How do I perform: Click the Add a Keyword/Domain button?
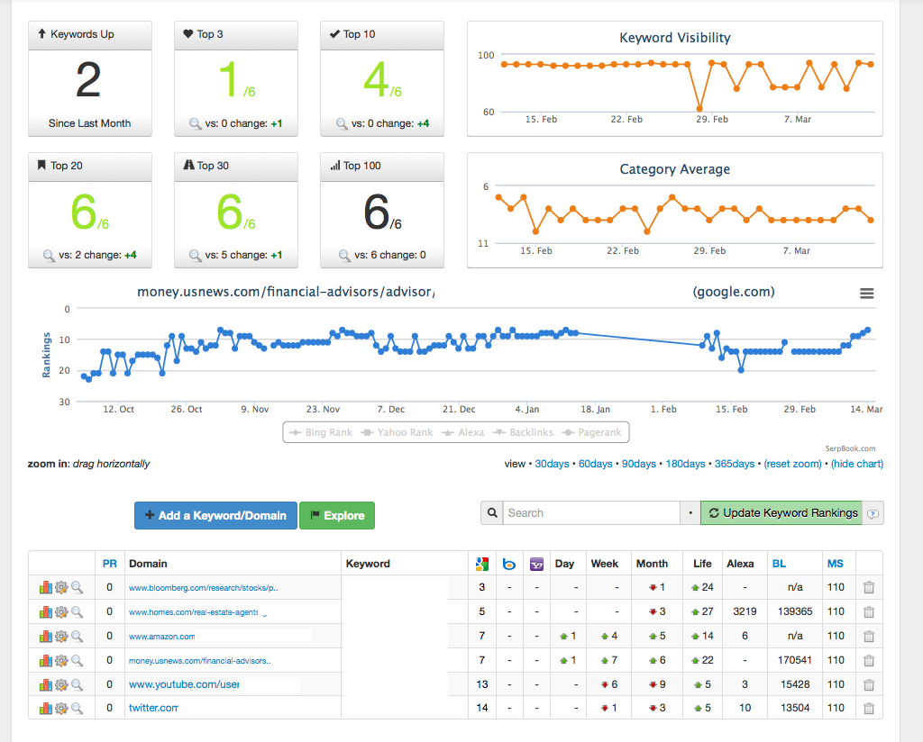215,516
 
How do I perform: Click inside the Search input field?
591,512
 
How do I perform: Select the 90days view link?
639,464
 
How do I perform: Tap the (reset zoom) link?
792,464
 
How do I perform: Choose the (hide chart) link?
857,464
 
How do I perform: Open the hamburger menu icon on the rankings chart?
866,294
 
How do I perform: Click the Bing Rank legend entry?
321,432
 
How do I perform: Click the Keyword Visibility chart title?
674,38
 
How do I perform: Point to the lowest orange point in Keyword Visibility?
699,109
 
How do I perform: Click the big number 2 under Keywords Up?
88,80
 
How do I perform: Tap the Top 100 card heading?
361,166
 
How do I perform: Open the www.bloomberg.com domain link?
203,587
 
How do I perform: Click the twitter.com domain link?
153,708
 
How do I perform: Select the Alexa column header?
740,564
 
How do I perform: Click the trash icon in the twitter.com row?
868,708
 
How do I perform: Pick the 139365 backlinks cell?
795,611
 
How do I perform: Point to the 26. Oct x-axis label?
187,409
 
